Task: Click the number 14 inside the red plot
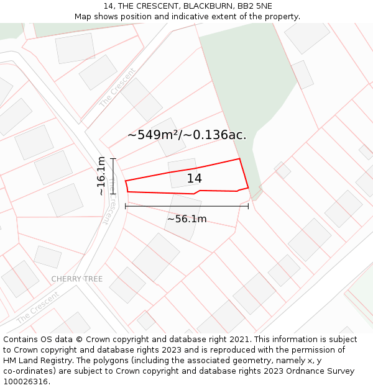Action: pos(194,179)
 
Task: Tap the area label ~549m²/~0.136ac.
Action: pos(186,135)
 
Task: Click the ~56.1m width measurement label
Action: pos(186,219)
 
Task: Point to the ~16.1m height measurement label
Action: pos(102,176)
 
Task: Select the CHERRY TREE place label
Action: pos(76,279)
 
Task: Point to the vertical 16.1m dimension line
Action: pos(113,176)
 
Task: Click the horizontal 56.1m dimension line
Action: pos(186,206)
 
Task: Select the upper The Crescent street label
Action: pos(117,88)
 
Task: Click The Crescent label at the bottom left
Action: pos(37,307)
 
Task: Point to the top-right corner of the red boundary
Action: pos(240,159)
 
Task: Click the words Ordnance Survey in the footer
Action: pos(324,371)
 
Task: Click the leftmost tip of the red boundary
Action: pos(126,181)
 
